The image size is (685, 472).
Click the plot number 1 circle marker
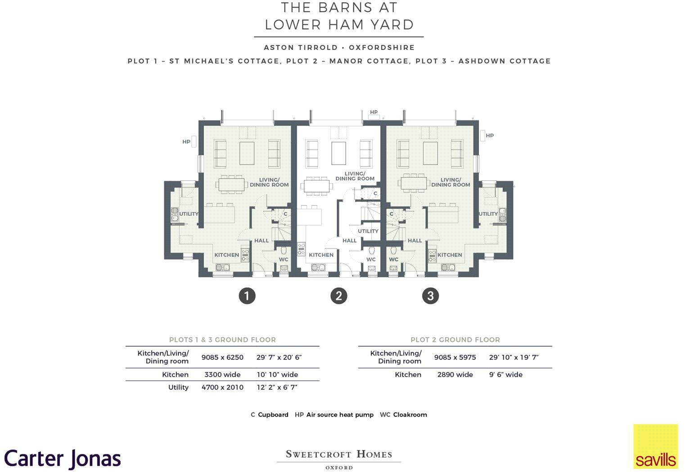[x=247, y=296]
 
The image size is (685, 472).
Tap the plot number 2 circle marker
[x=338, y=296]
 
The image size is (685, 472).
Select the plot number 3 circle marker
[x=430, y=296]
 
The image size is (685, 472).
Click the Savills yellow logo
[x=655, y=446]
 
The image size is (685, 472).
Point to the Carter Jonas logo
[x=63, y=459]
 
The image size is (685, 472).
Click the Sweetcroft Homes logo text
[x=338, y=454]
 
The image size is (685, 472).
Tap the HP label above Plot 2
[x=374, y=112]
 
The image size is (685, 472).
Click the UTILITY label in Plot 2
[x=368, y=231]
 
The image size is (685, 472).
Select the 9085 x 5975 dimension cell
[x=455, y=357]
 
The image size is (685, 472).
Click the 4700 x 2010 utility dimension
[x=222, y=387]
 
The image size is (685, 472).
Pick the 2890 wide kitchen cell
[x=455, y=374]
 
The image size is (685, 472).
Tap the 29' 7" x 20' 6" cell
[x=279, y=357]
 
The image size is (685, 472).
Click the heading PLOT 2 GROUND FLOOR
[x=455, y=340]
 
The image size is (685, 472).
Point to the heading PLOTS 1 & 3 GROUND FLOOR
[x=222, y=340]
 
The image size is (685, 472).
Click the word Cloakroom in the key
[x=410, y=414]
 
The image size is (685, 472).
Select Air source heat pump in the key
[x=340, y=414]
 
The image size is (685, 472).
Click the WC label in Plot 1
[x=283, y=259]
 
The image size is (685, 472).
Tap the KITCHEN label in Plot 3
[x=450, y=255]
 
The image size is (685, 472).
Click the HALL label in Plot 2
[x=349, y=240]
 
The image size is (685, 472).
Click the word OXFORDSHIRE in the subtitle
[x=382, y=47]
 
